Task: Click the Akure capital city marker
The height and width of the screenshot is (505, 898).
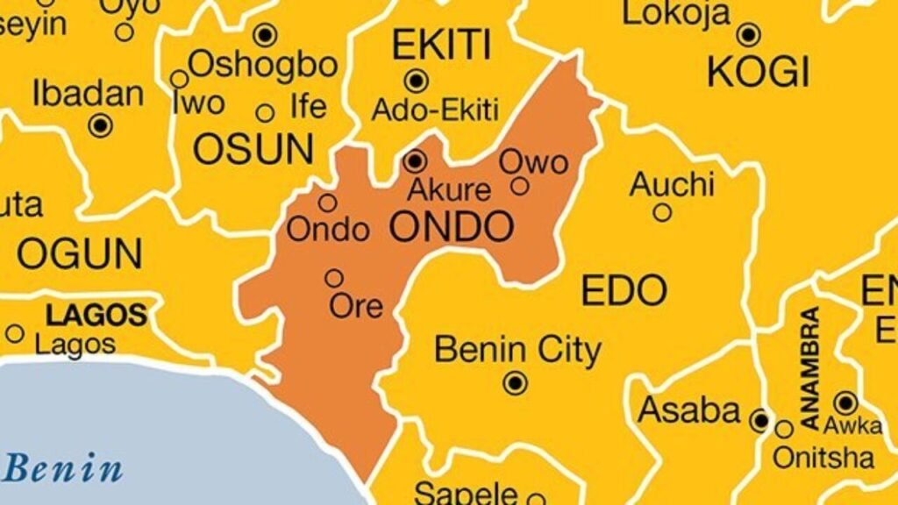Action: click(415, 161)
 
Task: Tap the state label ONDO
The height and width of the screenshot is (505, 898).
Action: click(451, 227)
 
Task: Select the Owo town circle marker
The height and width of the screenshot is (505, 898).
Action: click(520, 186)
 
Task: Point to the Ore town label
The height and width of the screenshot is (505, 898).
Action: click(356, 306)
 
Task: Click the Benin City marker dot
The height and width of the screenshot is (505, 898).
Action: click(515, 383)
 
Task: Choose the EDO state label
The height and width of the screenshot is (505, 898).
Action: click(624, 291)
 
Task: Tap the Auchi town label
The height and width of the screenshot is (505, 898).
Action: click(673, 185)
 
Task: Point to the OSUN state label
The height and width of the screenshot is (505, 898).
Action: click(253, 150)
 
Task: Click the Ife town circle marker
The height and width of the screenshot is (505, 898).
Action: click(265, 113)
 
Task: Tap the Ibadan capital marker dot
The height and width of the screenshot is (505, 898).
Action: click(102, 125)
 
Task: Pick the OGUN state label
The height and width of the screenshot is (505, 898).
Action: click(79, 254)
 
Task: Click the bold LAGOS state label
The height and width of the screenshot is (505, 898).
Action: click(96, 314)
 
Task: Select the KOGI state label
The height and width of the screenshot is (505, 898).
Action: click(759, 73)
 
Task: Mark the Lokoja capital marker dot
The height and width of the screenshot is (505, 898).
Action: click(748, 35)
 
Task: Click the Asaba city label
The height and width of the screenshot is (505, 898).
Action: click(689, 410)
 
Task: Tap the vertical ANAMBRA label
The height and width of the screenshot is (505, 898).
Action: click(810, 367)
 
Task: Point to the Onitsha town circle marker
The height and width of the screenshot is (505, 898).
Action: click(784, 429)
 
